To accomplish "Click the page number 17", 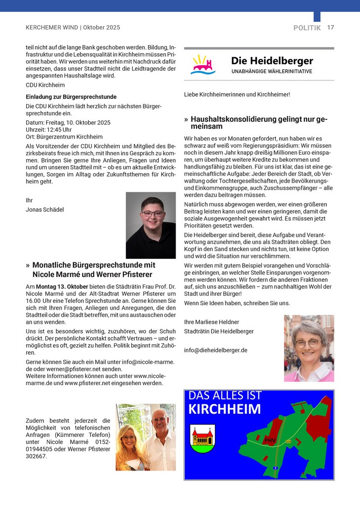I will click(x=330, y=28).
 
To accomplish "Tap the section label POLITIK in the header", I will click(x=307, y=28).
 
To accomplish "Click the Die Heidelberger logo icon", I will click(x=203, y=64).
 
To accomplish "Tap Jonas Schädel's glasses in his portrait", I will click(x=151, y=214).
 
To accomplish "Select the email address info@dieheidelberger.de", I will click(x=216, y=350).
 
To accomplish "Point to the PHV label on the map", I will click(x=269, y=439).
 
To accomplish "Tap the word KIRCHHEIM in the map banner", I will click(x=224, y=409).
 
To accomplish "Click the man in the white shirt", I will click(x=160, y=439).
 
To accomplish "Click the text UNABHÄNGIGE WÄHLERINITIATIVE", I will click(x=272, y=72).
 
